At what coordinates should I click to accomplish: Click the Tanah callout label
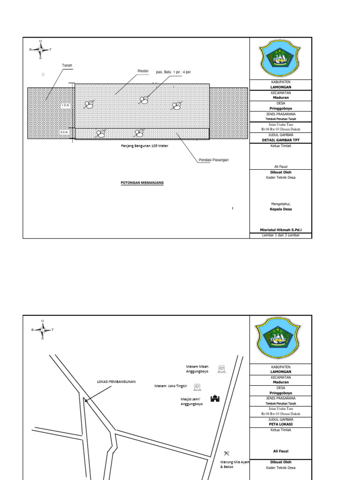[x=67, y=65]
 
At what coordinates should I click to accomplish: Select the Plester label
[x=143, y=71]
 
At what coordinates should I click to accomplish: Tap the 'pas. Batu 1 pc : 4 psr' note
[x=173, y=72]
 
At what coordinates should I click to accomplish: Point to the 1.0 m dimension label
[x=65, y=106]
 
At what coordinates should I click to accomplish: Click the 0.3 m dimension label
[x=64, y=133]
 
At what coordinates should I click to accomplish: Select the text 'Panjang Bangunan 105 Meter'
[x=141, y=146]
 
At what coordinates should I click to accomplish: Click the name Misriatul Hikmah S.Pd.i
[x=280, y=230]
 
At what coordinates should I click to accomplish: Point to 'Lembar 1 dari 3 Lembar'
[x=280, y=235]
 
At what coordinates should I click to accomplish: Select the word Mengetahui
[x=280, y=204]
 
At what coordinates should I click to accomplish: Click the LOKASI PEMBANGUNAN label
[x=116, y=382]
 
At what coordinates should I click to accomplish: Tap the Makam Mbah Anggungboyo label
[x=197, y=369]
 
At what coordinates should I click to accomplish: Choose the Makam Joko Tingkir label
[x=171, y=386]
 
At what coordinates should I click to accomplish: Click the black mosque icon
[x=215, y=398]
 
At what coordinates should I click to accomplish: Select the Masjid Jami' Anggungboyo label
[x=192, y=401]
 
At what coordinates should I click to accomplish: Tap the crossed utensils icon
[x=227, y=453]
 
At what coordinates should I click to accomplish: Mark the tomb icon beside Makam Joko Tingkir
[x=197, y=387]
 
